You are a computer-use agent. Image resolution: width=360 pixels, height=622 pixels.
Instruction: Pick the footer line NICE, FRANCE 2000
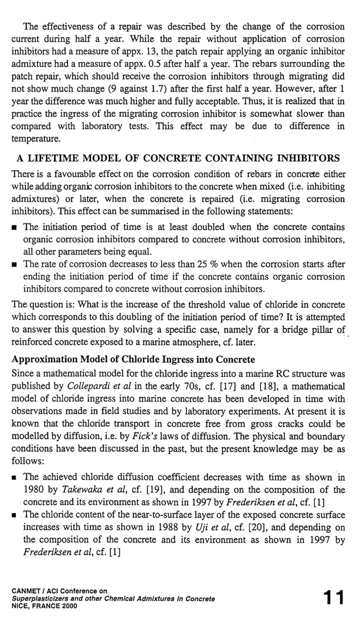[x=43, y=606]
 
